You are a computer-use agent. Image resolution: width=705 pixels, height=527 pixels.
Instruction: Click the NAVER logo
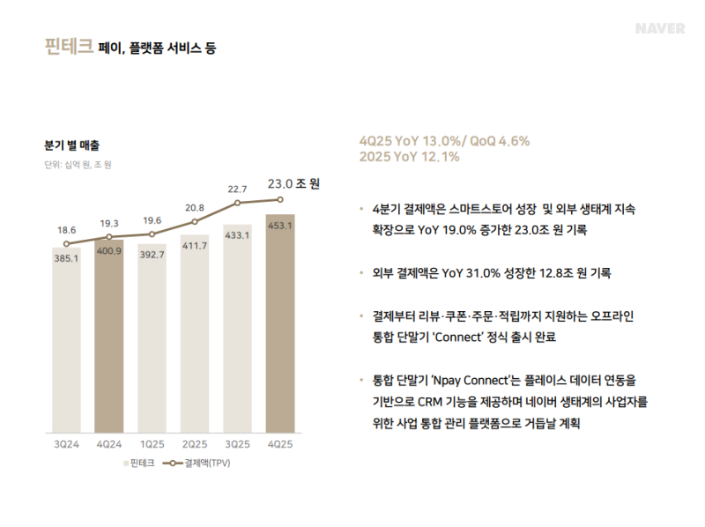click(x=660, y=28)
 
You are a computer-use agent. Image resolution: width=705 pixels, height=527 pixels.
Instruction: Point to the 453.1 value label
click(x=279, y=226)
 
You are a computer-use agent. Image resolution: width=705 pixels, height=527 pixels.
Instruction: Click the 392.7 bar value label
click(x=152, y=255)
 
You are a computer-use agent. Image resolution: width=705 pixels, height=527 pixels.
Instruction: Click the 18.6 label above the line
click(x=66, y=230)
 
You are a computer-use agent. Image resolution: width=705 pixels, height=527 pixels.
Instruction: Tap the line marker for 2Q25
click(x=195, y=221)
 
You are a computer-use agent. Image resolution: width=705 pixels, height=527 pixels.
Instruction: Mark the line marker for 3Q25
click(x=237, y=203)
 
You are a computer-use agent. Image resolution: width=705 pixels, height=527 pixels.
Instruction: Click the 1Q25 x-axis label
click(x=152, y=443)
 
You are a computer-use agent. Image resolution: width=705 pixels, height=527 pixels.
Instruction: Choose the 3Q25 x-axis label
click(x=237, y=443)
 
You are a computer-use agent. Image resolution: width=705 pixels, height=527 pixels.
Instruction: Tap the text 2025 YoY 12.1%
click(x=410, y=157)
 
